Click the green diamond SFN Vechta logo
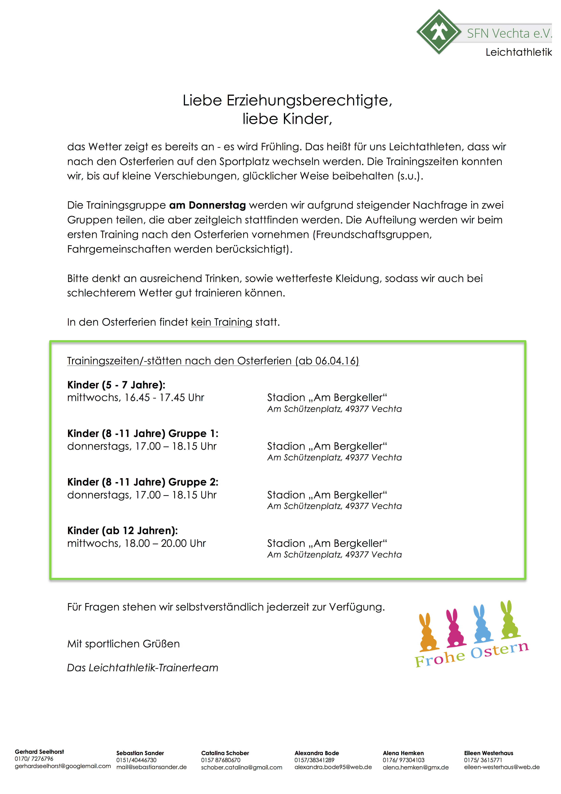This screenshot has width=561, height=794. [x=439, y=32]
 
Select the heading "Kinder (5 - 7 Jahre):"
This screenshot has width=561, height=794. [x=116, y=385]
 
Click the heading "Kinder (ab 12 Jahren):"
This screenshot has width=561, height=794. [x=122, y=531]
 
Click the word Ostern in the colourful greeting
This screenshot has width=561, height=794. [x=499, y=650]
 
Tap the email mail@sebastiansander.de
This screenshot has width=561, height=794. [x=151, y=767]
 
